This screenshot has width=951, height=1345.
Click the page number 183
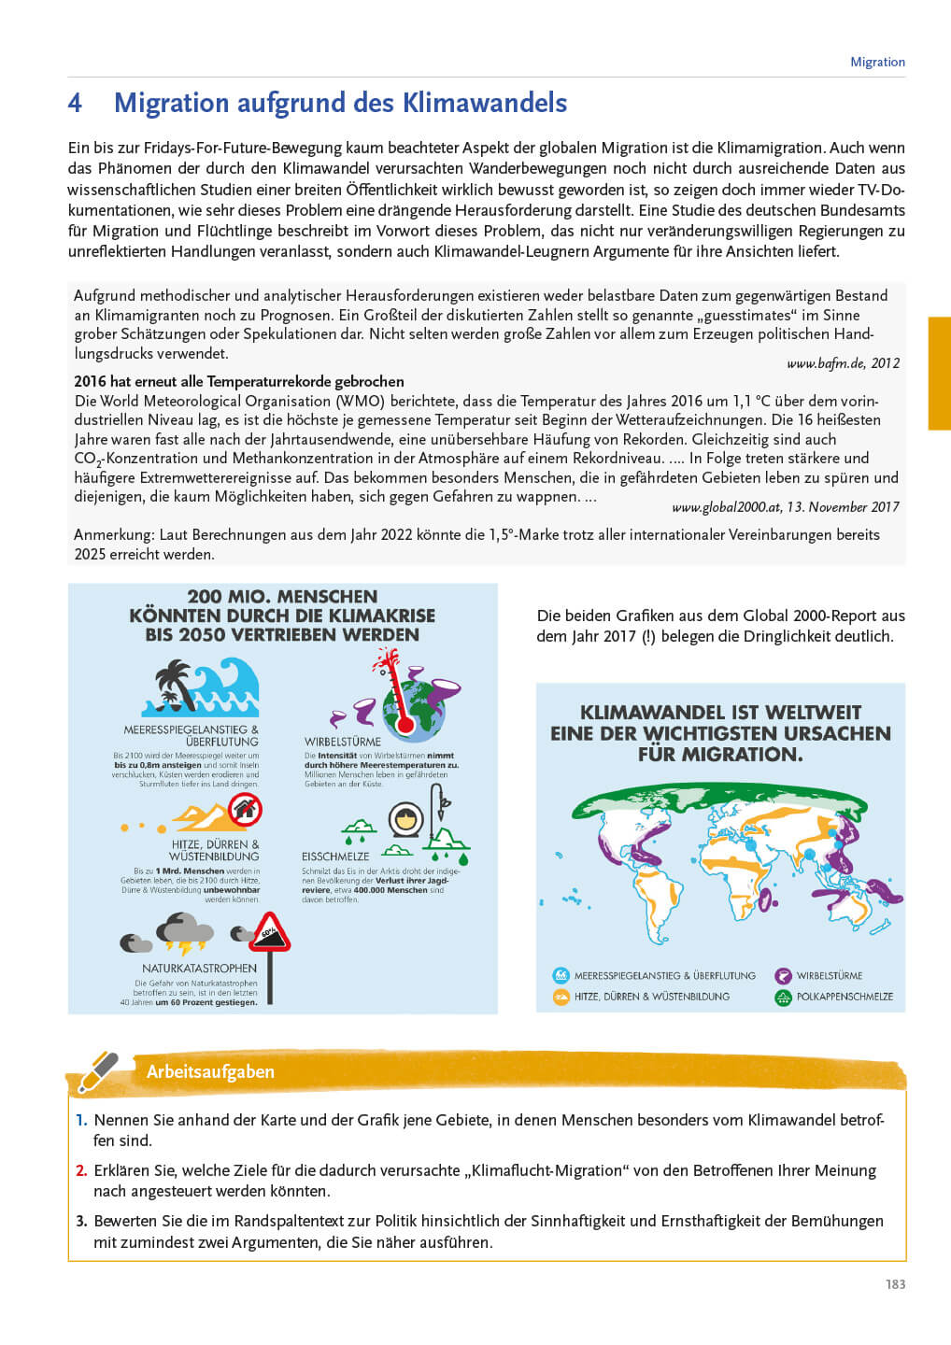click(895, 1284)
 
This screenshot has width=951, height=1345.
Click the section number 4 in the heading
click(75, 103)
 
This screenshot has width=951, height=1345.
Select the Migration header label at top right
click(877, 62)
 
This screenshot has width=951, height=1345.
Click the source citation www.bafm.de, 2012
click(843, 363)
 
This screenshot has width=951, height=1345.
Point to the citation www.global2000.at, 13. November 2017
click(785, 506)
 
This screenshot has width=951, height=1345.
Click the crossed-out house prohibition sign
click(245, 809)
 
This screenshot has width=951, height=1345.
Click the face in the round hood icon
click(406, 819)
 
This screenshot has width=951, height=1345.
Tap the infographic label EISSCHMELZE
click(335, 857)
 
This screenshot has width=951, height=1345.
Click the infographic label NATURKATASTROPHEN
click(199, 969)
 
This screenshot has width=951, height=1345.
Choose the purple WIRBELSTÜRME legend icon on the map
click(783, 975)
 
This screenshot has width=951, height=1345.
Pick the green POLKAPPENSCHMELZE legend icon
click(783, 997)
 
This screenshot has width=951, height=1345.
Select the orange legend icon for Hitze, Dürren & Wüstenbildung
click(561, 997)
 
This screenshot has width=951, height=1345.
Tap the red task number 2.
click(81, 1170)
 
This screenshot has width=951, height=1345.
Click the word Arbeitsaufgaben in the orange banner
click(210, 1071)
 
